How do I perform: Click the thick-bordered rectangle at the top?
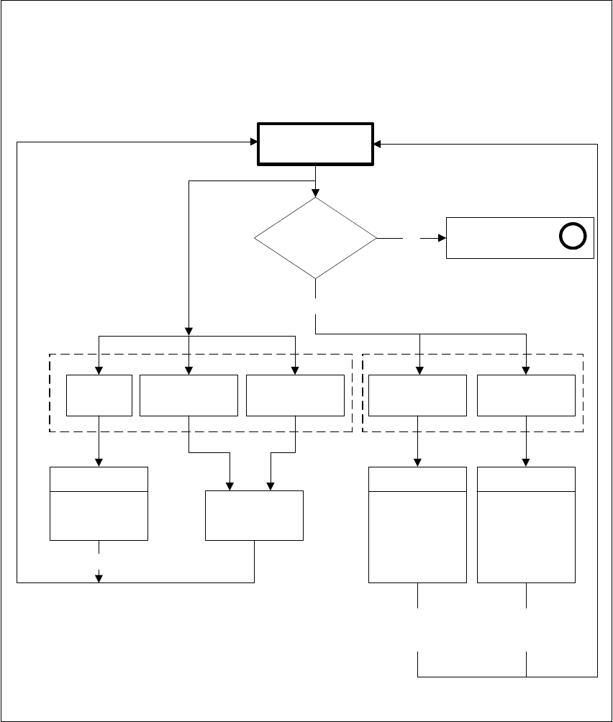316,145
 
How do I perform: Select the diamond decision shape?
316,237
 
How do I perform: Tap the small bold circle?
573,237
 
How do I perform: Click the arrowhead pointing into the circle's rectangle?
441,237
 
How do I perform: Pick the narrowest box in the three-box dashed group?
99,395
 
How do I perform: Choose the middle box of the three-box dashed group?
189,395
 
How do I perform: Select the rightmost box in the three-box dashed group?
295,395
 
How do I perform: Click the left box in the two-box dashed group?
417,395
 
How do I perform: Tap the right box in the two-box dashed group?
526,395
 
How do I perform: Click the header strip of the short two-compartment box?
99,479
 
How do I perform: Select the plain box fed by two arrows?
254,515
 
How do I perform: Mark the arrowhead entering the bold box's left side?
253,143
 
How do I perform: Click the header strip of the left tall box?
417,479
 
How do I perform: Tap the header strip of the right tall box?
526,479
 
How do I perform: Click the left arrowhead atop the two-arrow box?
230,485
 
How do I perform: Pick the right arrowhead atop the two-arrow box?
271,485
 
